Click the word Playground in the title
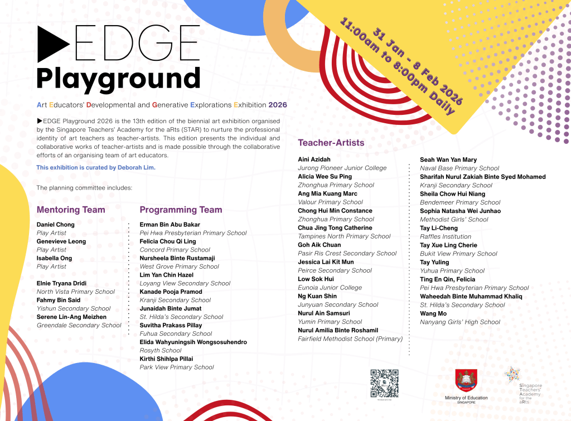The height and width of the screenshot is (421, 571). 118,79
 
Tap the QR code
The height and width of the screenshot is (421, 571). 384,383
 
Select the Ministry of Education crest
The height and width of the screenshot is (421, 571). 466,380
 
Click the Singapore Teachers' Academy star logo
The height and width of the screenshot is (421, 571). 512,375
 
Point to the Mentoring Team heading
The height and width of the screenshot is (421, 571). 71,210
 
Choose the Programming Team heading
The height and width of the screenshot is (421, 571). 181,210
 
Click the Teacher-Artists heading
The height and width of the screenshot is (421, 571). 331,143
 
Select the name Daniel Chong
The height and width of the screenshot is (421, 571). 55,225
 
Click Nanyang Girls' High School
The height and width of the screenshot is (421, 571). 460,322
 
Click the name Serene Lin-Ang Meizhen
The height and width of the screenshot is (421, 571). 71,317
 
